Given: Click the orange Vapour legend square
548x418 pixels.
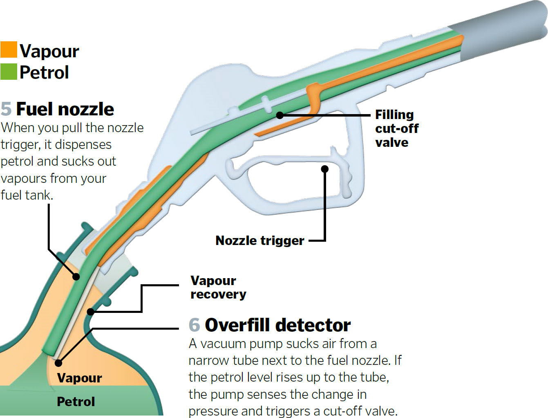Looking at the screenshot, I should click(9, 49).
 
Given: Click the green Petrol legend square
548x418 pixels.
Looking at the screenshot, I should click(9, 72).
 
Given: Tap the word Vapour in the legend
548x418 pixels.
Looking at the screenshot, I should click(49, 51).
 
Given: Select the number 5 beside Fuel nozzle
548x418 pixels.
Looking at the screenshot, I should click(6, 109).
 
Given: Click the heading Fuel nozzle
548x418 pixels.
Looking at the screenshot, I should click(65, 109).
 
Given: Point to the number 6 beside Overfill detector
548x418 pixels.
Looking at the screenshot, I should click(194, 325).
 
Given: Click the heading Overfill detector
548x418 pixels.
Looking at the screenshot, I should click(277, 325).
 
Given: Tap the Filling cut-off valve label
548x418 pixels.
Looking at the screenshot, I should click(396, 128).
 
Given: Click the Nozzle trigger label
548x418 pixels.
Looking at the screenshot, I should click(259, 240).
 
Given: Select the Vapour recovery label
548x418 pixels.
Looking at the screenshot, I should click(218, 287).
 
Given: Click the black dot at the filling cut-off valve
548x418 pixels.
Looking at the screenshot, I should click(280, 115).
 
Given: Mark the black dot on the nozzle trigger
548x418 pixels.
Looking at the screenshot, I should click(325, 169).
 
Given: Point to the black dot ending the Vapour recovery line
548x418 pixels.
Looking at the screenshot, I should click(91, 312).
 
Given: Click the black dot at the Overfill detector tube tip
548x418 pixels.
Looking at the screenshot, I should click(58, 362).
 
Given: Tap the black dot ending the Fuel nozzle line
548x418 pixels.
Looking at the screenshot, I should click(76, 276).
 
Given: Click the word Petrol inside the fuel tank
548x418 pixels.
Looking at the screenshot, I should click(76, 402).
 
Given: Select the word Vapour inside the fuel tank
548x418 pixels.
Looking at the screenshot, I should click(79, 378).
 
